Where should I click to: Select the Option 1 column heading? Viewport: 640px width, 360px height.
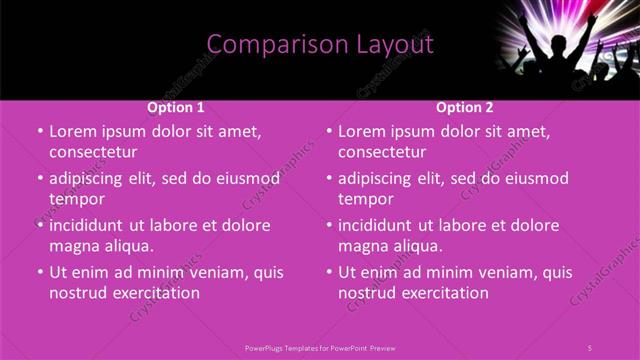tap(176, 107)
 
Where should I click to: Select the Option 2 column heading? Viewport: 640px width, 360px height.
tap(465, 107)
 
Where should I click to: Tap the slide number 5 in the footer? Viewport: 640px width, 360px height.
tap(589, 347)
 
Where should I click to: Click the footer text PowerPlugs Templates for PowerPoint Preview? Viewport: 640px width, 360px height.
tap(320, 347)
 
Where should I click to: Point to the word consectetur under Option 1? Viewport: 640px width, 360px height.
tap(93, 152)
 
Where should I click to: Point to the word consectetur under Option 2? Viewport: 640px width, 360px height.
tap(382, 152)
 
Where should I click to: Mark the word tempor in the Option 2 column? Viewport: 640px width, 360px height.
tap(366, 199)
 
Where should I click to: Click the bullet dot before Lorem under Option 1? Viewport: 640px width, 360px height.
tap(40, 131)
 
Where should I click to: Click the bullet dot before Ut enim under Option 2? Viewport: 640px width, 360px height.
tap(329, 272)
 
